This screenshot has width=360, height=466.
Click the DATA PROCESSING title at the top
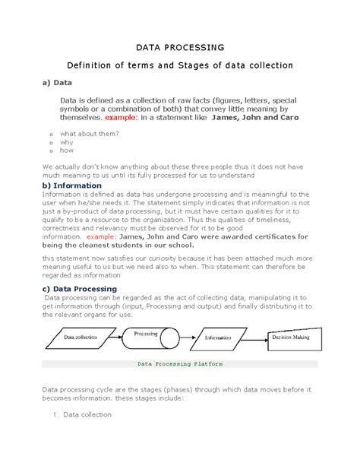click(180, 46)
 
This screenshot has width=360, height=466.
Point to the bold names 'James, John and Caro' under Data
click(256, 119)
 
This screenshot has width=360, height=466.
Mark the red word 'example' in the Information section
click(78, 236)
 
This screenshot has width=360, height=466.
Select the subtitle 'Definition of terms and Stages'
click(180, 65)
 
